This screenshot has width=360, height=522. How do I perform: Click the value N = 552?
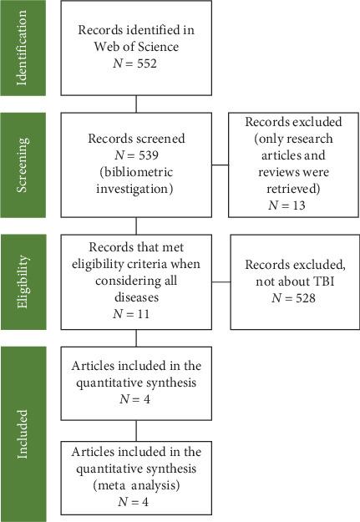(x=135, y=61)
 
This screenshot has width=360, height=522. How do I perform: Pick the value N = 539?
(x=135, y=147)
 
